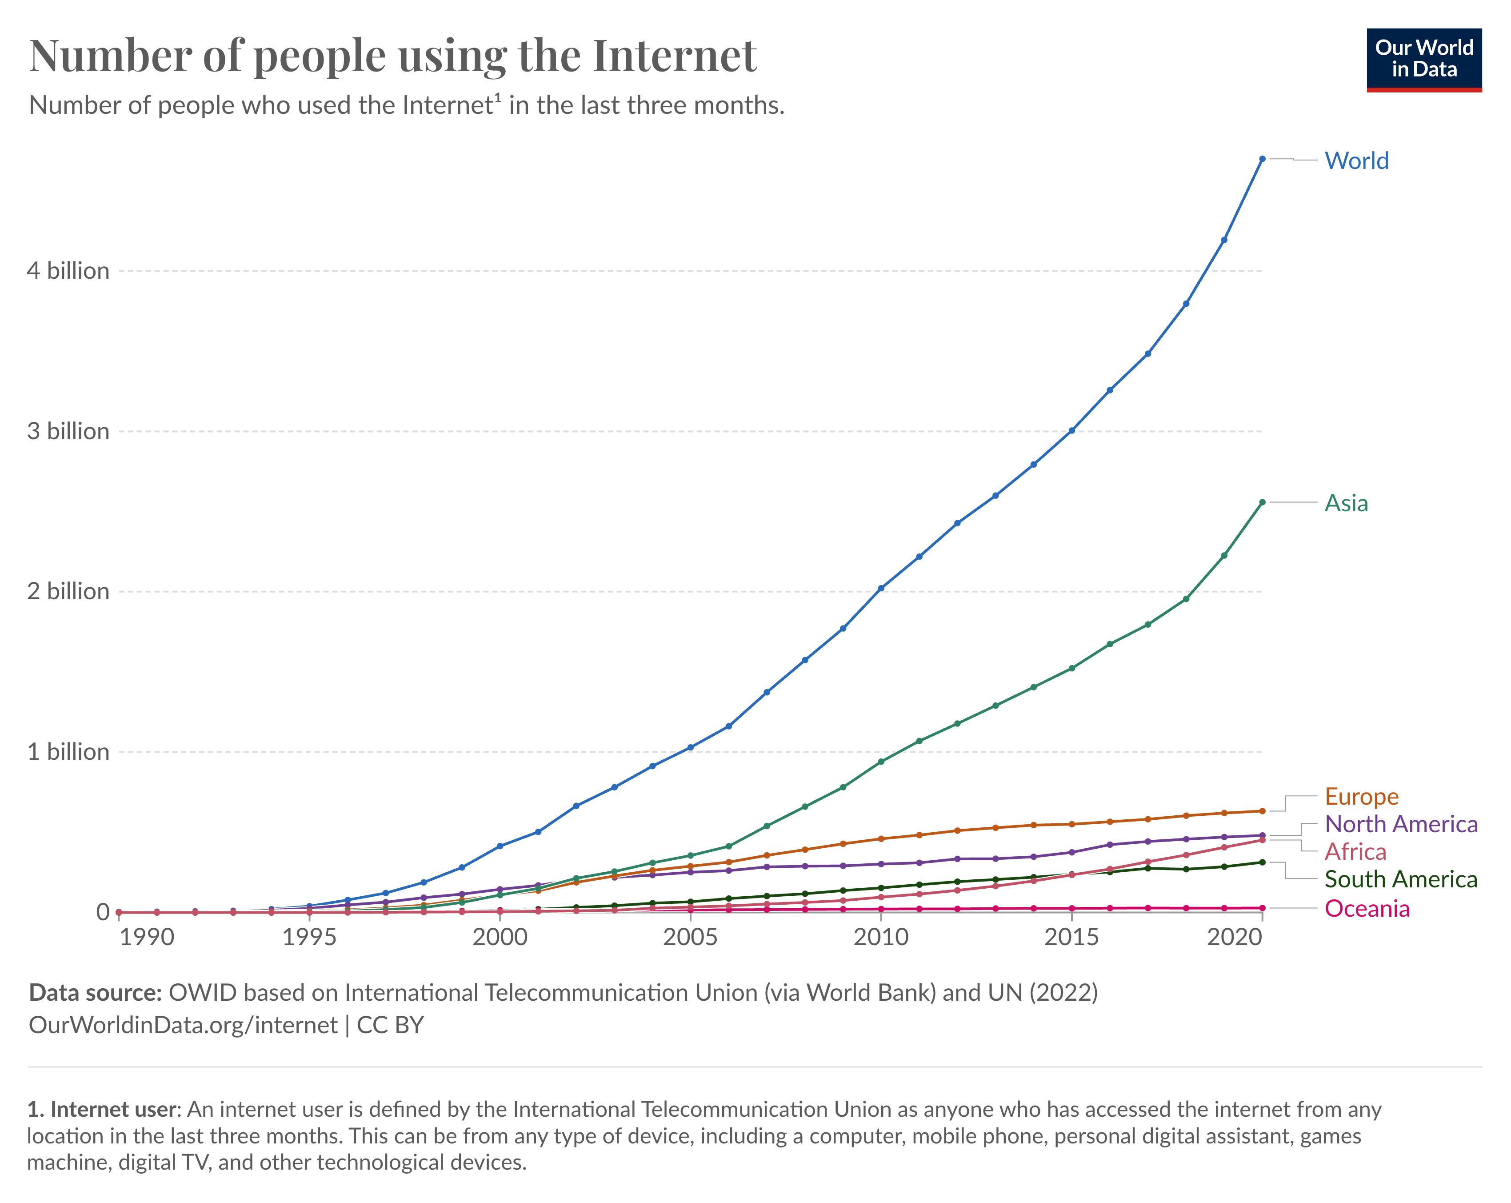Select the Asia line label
pos(1346,503)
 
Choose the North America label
pos(1400,824)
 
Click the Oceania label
pos(1367,909)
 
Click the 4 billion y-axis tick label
pos(68,271)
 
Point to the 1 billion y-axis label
pos(68,751)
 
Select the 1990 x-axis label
pos(147,937)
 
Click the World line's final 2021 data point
pos(1262,159)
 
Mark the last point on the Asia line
pos(1262,502)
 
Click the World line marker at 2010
pos(881,588)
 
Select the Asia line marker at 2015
pos(1071,668)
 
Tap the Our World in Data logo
pos(1423,60)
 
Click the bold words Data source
pos(95,993)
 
